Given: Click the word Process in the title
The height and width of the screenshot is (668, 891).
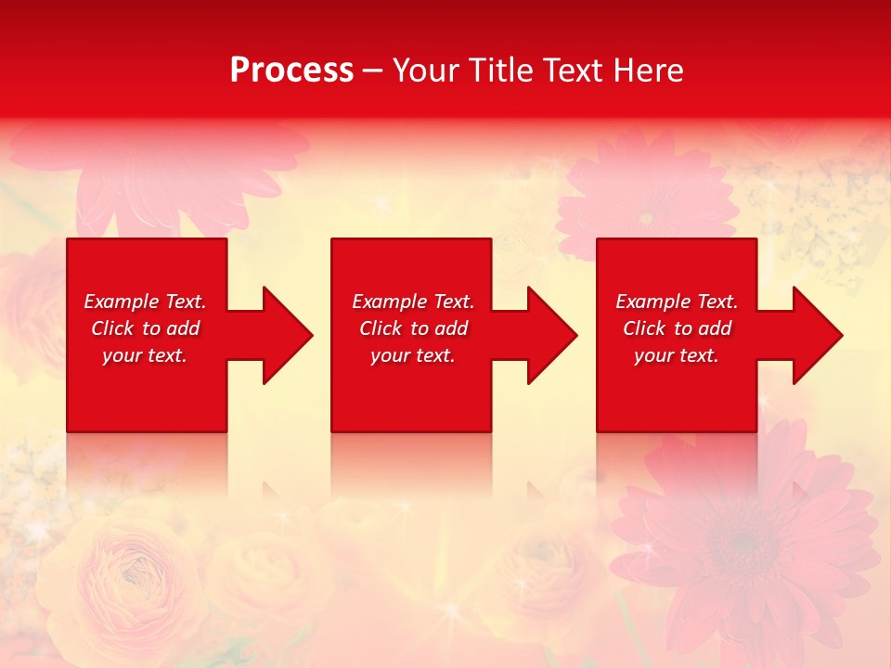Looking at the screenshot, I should (x=291, y=71).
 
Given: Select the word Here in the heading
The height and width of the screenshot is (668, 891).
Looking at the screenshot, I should (x=649, y=71).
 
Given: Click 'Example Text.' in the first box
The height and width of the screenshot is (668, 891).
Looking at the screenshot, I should (x=145, y=302).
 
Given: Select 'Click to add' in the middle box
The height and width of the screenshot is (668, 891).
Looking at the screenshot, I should (x=413, y=328).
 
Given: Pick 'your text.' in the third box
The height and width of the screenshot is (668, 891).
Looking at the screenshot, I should (x=676, y=355).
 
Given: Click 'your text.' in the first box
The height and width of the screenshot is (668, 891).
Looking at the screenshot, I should (x=145, y=355).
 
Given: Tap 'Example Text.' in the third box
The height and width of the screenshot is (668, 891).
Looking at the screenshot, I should (x=676, y=302).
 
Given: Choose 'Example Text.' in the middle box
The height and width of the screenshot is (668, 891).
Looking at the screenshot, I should (x=413, y=302).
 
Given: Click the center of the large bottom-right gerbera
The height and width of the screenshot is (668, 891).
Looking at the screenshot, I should (x=742, y=538).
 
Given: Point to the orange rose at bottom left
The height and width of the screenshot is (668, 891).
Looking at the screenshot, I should (x=121, y=575).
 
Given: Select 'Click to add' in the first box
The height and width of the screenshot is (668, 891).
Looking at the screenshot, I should (x=145, y=328).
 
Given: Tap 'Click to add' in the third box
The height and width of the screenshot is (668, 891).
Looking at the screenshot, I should (x=677, y=328).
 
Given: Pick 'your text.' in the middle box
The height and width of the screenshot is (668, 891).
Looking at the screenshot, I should (x=413, y=355).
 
